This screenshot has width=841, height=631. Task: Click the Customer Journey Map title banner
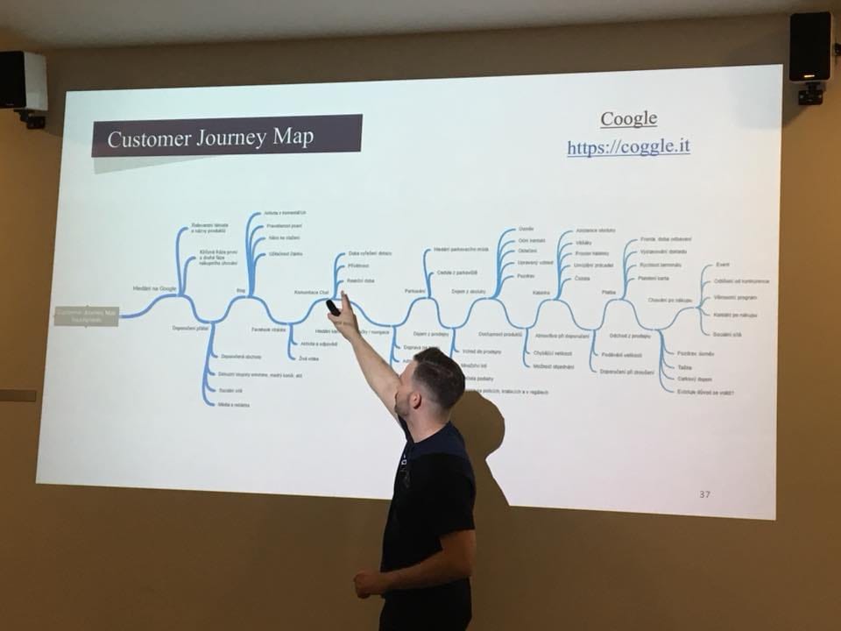(227, 137)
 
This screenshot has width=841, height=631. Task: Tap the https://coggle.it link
(628, 146)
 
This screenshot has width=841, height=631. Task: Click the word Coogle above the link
(628, 118)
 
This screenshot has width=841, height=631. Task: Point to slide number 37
(705, 494)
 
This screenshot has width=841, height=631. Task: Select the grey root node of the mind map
(86, 315)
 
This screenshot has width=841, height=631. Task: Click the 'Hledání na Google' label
(155, 288)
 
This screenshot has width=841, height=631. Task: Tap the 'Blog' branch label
(241, 289)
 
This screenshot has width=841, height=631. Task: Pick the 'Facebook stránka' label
(269, 330)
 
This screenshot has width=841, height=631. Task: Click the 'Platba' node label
(609, 292)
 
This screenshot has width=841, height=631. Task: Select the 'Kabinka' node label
(541, 292)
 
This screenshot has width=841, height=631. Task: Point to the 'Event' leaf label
(723, 265)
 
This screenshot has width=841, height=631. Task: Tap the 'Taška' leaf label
(684, 366)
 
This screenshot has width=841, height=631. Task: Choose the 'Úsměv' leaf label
(526, 229)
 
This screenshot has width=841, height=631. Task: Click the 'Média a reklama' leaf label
(234, 405)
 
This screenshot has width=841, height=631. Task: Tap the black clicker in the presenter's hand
(333, 308)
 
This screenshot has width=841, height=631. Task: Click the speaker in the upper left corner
(24, 83)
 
